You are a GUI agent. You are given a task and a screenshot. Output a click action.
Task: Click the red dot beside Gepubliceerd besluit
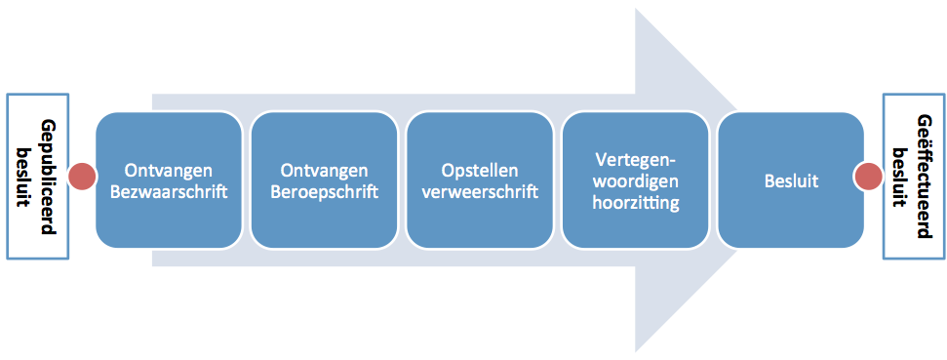click(82, 177)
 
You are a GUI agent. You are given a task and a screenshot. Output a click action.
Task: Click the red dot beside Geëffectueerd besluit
click(868, 177)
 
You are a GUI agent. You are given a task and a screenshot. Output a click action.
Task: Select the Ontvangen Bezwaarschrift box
click(169, 180)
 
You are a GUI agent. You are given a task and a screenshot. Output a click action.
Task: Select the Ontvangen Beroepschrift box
click(325, 180)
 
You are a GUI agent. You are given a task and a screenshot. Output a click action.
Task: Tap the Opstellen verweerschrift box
click(480, 180)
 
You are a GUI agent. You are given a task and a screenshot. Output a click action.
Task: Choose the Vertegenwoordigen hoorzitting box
click(635, 180)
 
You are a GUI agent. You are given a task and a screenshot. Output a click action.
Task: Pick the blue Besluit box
click(791, 180)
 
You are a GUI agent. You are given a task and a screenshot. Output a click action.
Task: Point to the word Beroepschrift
click(325, 193)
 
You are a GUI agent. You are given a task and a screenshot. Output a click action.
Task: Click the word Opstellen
click(480, 170)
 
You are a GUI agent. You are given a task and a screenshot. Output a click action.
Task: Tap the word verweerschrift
click(480, 193)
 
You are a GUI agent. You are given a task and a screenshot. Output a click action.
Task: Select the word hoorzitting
click(635, 204)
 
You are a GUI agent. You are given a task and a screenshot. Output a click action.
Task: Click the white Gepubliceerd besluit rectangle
click(37, 177)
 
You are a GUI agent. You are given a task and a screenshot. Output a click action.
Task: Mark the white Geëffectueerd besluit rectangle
click(913, 177)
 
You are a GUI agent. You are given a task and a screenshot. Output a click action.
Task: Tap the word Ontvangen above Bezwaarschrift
click(169, 170)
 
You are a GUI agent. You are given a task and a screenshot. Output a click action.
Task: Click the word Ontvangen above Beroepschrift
click(325, 170)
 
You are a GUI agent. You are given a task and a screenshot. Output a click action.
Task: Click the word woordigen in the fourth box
click(635, 181)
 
